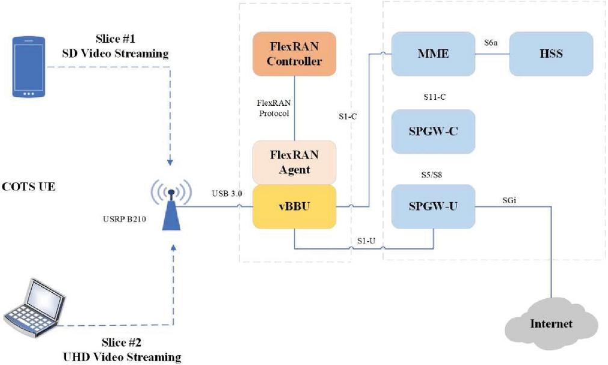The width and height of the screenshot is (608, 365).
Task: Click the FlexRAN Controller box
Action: click(295, 54)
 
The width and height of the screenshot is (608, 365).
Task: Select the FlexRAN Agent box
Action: click(295, 162)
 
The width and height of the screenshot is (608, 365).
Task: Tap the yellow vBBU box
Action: click(295, 206)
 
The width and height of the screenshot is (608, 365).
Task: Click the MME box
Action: click(433, 54)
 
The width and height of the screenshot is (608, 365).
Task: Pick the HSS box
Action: click(551, 54)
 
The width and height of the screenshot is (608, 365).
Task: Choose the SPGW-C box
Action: click(433, 131)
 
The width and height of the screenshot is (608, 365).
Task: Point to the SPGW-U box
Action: click(433, 207)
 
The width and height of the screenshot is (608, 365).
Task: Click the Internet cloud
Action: click(550, 323)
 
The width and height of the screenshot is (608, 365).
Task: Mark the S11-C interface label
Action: click(434, 96)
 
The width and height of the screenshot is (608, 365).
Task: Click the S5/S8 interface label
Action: click(433, 174)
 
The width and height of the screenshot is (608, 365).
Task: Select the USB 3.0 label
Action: click(226, 194)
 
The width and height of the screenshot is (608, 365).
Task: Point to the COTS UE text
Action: click(29, 186)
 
